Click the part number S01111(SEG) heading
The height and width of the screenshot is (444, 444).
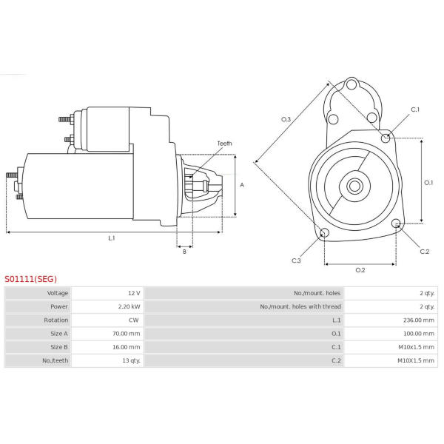30,280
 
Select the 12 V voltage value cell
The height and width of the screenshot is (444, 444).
133,294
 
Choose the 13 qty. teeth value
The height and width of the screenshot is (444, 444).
131,360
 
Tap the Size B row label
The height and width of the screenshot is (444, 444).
59,347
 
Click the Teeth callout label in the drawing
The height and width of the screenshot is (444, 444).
224,144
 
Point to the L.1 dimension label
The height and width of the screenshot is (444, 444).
112,238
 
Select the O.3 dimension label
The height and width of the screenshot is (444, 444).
286,119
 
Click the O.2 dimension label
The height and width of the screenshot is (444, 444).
360,270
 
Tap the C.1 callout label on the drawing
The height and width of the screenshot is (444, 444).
415,110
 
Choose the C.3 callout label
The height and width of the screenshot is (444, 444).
296,260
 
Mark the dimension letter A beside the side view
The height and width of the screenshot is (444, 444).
242,185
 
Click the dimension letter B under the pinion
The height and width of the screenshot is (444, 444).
184,252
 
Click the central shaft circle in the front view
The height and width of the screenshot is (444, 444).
354,186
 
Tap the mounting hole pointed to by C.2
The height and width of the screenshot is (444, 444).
397,223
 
